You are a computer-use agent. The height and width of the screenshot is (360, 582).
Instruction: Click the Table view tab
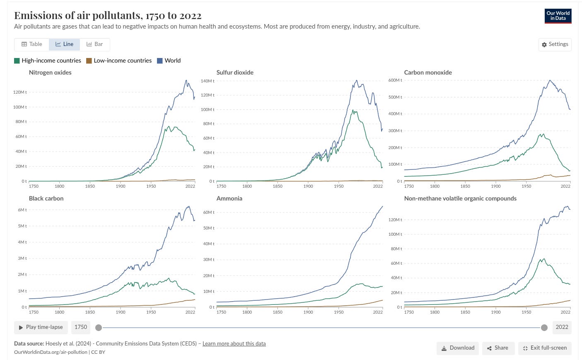[32, 44]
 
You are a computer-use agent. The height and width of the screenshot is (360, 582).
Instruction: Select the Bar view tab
[94, 44]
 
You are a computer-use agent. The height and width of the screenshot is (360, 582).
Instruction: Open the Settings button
[555, 44]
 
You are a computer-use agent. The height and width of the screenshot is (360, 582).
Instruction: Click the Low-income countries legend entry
[119, 60]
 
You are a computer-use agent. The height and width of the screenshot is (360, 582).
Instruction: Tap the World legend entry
[169, 60]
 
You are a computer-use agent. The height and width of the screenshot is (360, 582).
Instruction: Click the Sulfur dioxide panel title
[235, 72]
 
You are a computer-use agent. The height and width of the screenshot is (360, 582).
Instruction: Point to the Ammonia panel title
[229, 198]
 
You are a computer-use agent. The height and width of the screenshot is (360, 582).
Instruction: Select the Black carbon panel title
[46, 198]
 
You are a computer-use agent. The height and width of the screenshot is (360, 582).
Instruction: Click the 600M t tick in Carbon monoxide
[395, 80]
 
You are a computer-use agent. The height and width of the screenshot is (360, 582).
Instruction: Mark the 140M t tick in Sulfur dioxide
[207, 81]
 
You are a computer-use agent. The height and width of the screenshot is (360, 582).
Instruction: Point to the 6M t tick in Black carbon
[22, 210]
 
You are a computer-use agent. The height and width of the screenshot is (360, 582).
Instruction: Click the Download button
[458, 348]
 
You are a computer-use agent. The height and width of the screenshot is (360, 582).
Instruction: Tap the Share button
[498, 348]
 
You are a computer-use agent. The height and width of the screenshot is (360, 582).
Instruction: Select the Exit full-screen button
[545, 348]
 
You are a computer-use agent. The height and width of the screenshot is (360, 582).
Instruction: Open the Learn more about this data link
[234, 344]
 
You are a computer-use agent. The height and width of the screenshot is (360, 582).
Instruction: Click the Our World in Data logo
[558, 16]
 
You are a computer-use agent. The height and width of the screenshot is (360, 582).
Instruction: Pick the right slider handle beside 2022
[544, 328]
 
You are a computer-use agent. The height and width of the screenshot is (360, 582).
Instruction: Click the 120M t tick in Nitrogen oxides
[19, 92]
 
